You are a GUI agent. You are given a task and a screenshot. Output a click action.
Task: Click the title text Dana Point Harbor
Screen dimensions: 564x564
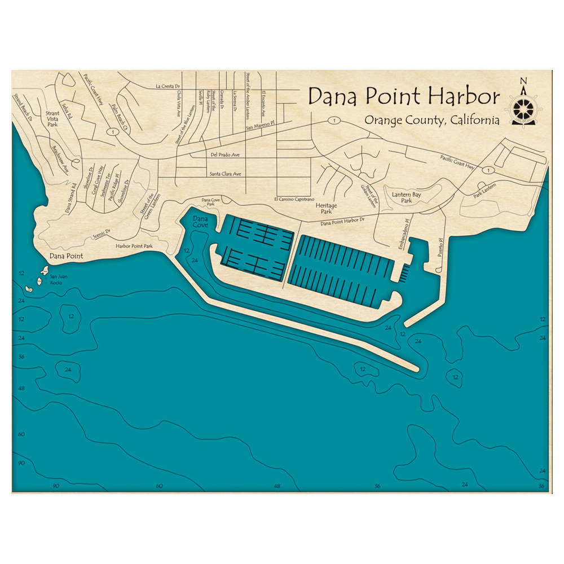pyautogui.click(x=404, y=96)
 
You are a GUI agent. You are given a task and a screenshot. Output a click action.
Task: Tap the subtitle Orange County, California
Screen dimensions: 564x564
pyautogui.click(x=431, y=120)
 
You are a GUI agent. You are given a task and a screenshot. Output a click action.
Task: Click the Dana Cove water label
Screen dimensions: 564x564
pyautogui.click(x=200, y=221)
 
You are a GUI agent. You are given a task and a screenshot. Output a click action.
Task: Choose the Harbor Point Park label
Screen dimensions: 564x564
pyautogui.click(x=134, y=246)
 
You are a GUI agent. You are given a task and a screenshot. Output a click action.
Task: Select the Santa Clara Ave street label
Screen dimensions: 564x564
pyautogui.click(x=225, y=174)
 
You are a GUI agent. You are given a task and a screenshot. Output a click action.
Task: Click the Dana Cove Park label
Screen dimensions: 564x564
pyautogui.click(x=210, y=201)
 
